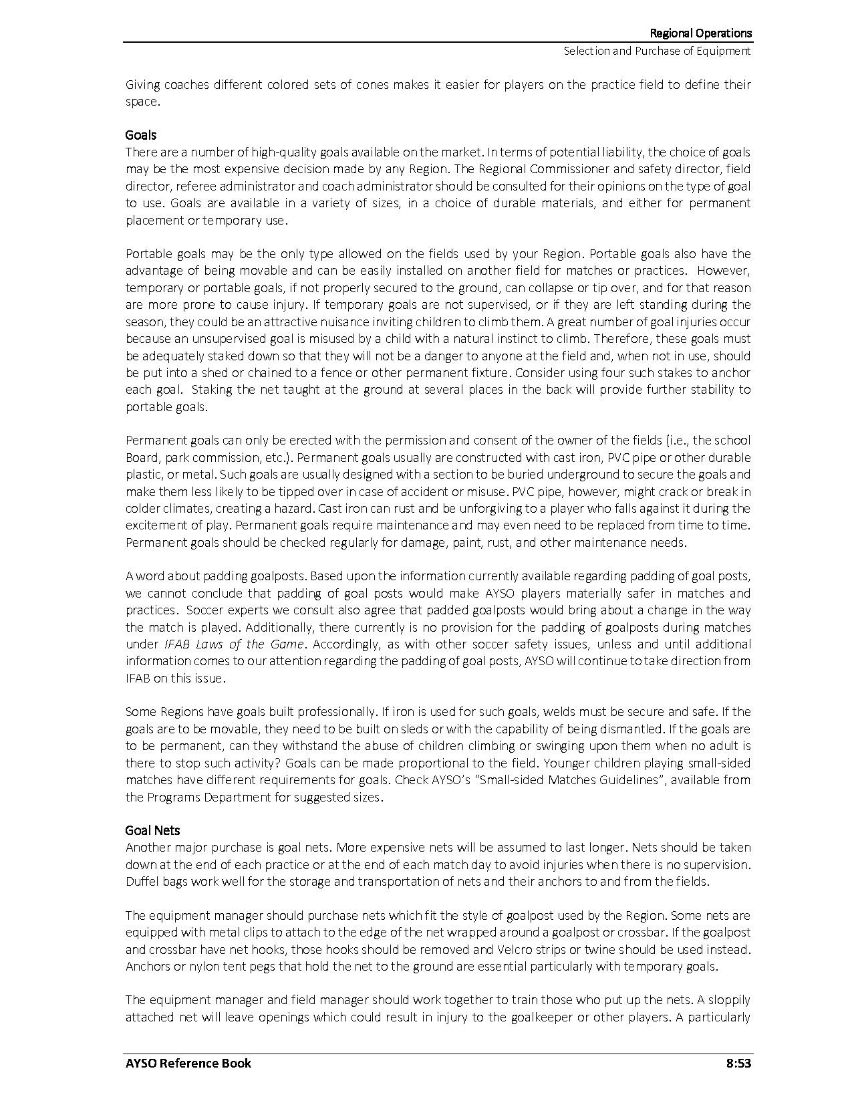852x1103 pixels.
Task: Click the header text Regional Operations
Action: pyautogui.click(x=700, y=33)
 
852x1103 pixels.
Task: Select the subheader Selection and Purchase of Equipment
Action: pyautogui.click(x=657, y=51)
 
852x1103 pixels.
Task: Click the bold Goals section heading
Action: pyautogui.click(x=140, y=135)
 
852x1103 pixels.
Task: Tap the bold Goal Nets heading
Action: pyautogui.click(x=152, y=830)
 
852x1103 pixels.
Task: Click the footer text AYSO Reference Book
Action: pyautogui.click(x=188, y=1063)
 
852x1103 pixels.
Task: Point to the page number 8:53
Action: pyautogui.click(x=738, y=1063)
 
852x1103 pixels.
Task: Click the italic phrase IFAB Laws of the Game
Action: pyautogui.click(x=235, y=644)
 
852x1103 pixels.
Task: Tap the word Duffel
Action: pyautogui.click(x=142, y=882)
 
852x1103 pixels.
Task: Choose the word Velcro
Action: pyautogui.click(x=515, y=949)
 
